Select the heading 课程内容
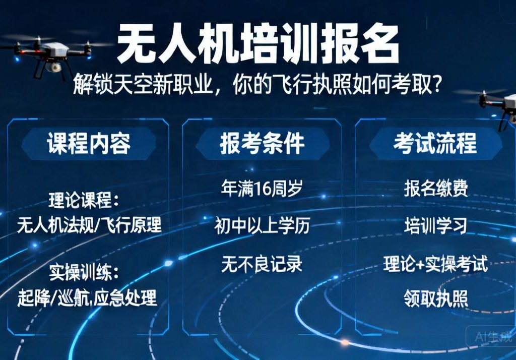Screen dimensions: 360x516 tap(89, 144)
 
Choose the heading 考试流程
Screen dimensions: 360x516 tap(435, 144)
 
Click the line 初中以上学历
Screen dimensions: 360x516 tap(262, 226)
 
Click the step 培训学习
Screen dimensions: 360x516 tap(436, 226)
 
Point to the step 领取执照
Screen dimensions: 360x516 tap(436, 298)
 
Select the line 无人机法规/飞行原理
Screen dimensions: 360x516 tap(89, 224)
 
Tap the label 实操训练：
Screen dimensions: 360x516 tap(85, 273)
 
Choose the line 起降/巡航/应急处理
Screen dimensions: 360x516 tap(87, 297)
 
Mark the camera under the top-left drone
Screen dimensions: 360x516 tap(53, 66)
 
